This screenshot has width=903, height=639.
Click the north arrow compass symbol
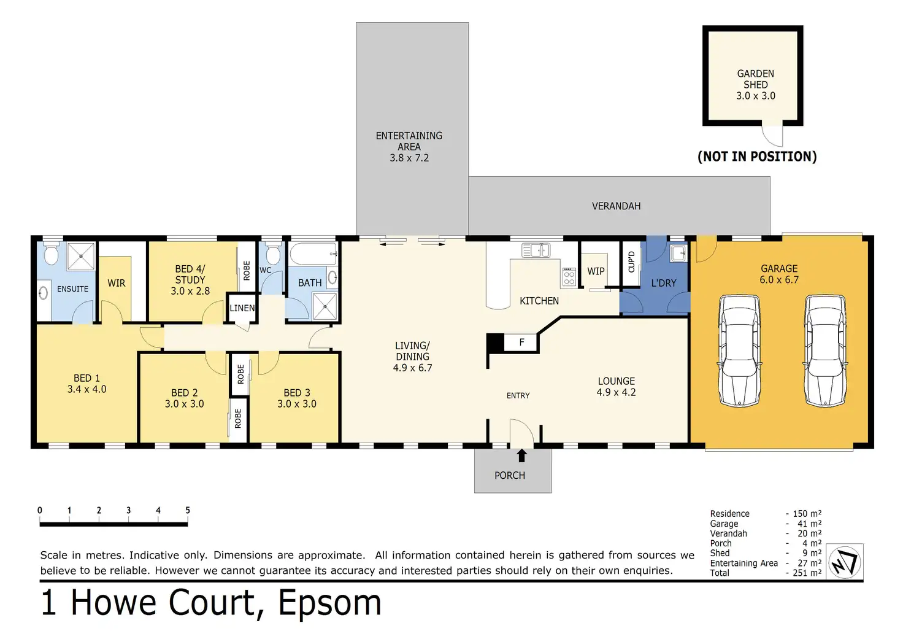(845, 562)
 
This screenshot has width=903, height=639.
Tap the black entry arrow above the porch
(521, 455)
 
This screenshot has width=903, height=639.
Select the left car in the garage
(740, 350)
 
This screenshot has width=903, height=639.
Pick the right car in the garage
(825, 350)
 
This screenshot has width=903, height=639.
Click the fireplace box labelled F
(520, 343)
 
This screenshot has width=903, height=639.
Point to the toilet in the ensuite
(51, 253)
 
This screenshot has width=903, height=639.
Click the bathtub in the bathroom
(313, 254)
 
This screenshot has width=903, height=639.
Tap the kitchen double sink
(536, 250)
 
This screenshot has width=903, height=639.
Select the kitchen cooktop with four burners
(569, 276)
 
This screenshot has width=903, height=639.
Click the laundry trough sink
(678, 254)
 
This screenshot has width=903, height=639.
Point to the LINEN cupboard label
(242, 308)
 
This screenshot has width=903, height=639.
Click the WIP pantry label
(596, 271)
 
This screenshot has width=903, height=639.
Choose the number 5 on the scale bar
(188, 510)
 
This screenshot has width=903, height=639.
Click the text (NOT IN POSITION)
(757, 157)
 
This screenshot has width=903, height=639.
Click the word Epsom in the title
(329, 604)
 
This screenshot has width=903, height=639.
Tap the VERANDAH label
(616, 206)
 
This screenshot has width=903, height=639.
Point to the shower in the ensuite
(80, 256)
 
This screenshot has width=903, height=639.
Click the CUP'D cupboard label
(631, 262)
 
